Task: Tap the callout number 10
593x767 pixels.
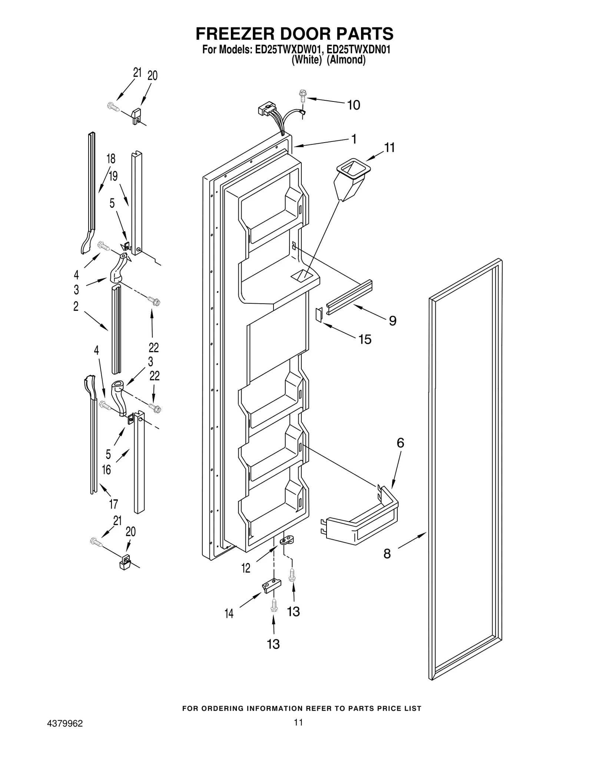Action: pyautogui.click(x=353, y=105)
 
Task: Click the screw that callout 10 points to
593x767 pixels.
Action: pyautogui.click(x=302, y=95)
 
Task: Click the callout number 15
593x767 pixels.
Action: pyautogui.click(x=365, y=339)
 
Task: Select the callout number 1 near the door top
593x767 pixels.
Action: pyautogui.click(x=354, y=139)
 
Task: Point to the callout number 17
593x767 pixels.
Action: pyautogui.click(x=113, y=504)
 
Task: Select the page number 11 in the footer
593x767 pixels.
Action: pyautogui.click(x=298, y=722)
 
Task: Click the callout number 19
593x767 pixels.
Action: pyautogui.click(x=113, y=176)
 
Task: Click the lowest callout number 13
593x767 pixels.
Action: pyautogui.click(x=273, y=644)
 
